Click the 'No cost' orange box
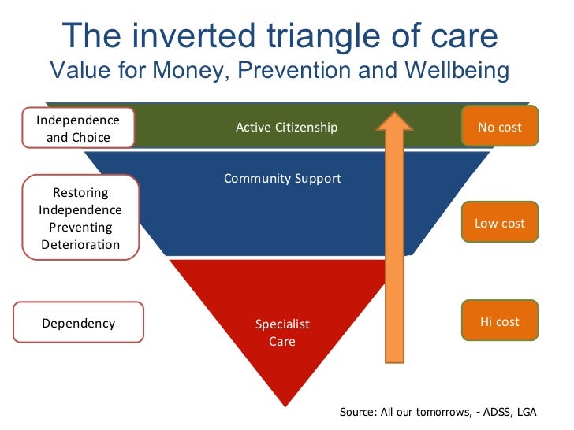tap(499, 126)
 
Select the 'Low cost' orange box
tap(499, 223)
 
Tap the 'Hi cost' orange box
tap(499, 321)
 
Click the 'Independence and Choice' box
tap(78, 128)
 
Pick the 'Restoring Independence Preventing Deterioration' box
tap(80, 218)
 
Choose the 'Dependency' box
tap(78, 323)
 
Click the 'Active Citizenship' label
tap(286, 127)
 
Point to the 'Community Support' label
tap(282, 178)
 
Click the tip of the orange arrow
tap(395, 113)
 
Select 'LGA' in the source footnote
tap(536, 412)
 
